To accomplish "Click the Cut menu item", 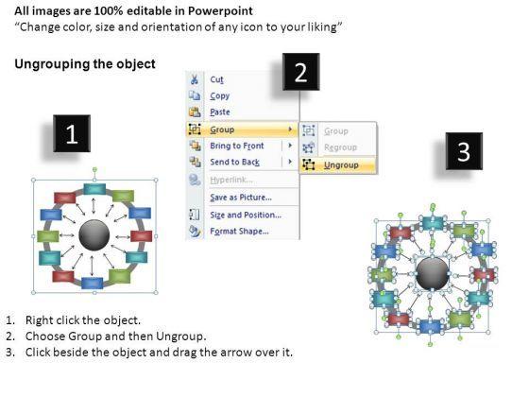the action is (216, 79).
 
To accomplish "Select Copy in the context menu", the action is (219, 95).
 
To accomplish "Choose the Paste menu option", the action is (220, 112).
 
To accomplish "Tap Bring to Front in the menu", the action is (237, 146).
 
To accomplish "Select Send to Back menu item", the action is (235, 162).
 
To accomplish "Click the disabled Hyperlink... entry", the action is (231, 180).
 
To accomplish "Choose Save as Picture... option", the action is (241, 198).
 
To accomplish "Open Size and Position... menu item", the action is (246, 216).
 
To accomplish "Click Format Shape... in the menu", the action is (239, 232).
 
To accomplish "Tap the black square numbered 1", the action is (72, 133).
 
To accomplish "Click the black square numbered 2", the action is (301, 72).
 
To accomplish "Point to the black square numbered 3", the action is (464, 151).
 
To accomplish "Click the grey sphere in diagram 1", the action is (94, 235).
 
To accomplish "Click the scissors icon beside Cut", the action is (195, 79).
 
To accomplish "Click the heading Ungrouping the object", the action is (85, 64).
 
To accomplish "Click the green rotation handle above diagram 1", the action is (94, 169).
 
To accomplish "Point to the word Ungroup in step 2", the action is (180, 337).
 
